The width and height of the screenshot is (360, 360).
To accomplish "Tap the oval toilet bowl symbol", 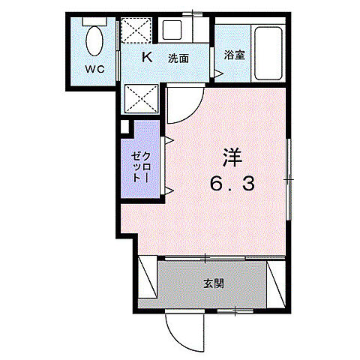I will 94,41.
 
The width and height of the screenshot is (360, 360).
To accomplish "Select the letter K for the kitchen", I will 147,57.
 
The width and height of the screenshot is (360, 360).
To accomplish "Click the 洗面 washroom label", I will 178,58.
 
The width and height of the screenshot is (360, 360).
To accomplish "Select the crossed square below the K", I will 140,97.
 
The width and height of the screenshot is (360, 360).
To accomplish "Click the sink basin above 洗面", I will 173,32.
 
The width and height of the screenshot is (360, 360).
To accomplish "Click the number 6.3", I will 232,182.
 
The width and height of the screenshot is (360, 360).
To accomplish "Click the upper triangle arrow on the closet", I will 169,140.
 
